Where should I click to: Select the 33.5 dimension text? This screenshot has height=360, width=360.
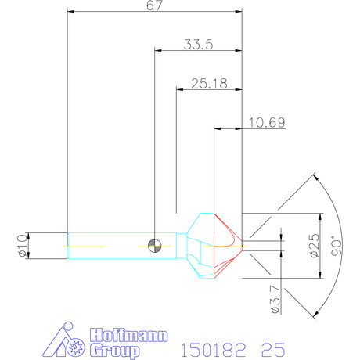198,45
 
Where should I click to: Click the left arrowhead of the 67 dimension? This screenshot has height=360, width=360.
71,13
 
